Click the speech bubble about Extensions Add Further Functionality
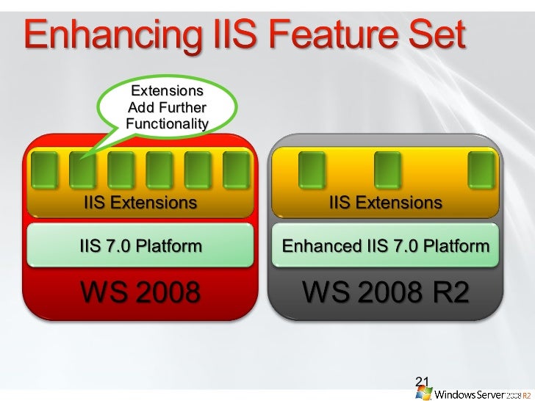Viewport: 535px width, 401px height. coord(165,107)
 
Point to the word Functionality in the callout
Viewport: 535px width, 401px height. coord(167,123)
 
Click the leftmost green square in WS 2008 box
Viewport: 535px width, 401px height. coord(45,169)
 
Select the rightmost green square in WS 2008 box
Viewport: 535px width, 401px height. coord(236,169)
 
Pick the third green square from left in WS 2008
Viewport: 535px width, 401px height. coord(121,169)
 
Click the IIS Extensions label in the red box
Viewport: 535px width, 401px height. coord(140,202)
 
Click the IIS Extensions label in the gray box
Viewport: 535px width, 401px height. coord(386,202)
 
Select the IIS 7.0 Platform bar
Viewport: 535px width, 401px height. coord(140,245)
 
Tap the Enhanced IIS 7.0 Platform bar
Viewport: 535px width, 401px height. coord(386,245)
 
